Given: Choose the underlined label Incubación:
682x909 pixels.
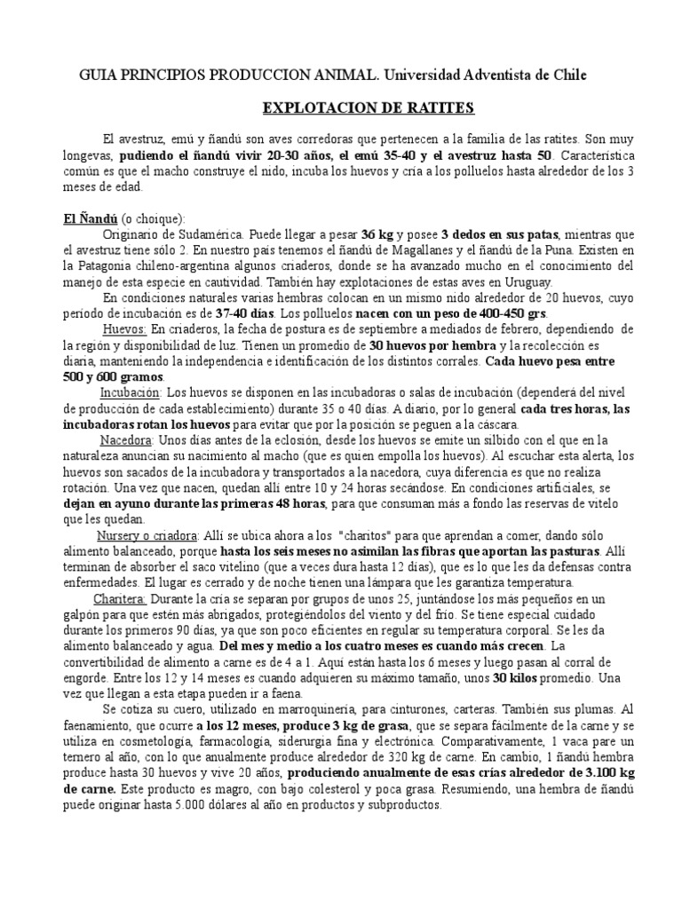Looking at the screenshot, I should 131,392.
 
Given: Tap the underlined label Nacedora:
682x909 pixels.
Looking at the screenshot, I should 126,440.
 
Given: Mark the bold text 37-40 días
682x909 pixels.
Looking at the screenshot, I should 245,314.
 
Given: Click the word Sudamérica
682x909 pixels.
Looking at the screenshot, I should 210,234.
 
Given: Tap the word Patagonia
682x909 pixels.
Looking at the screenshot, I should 112,265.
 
